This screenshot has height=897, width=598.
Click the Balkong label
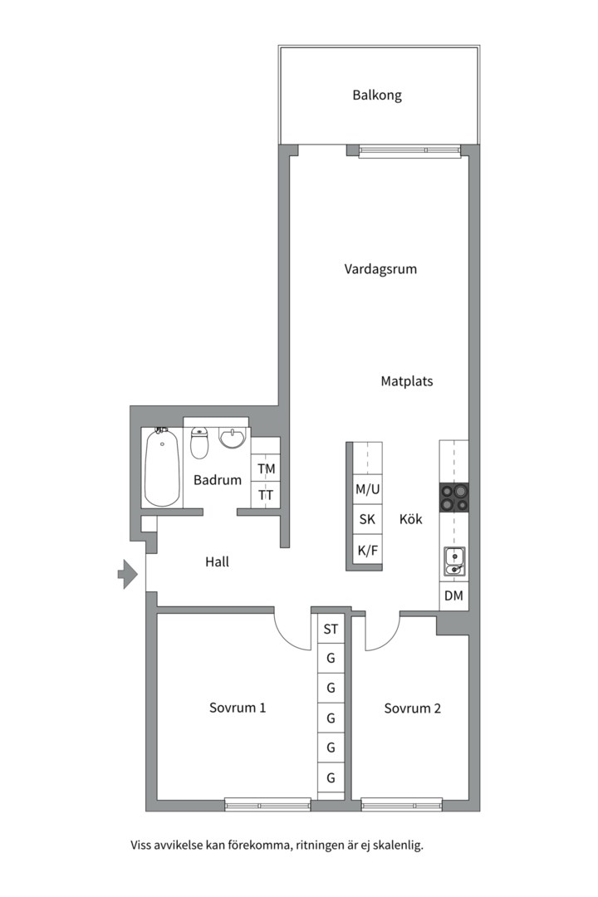pyautogui.click(x=376, y=95)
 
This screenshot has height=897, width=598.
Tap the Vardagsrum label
pyautogui.click(x=380, y=269)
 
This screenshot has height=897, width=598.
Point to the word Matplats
pyautogui.click(x=407, y=381)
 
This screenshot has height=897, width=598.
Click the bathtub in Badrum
pyautogui.click(x=163, y=468)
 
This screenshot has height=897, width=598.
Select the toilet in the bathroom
pyautogui.click(x=199, y=442)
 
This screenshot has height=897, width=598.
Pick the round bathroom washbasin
pyautogui.click(x=231, y=439)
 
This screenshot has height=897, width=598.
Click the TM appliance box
pyautogui.click(x=266, y=468)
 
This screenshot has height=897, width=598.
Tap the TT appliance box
pyautogui.click(x=266, y=495)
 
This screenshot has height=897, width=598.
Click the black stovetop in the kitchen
pyautogui.click(x=453, y=498)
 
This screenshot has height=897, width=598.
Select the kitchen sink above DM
pyautogui.click(x=454, y=561)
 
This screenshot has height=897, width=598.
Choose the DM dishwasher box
pyautogui.click(x=453, y=596)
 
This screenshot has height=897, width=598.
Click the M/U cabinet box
pyautogui.click(x=367, y=489)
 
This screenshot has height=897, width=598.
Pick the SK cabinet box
pyautogui.click(x=367, y=519)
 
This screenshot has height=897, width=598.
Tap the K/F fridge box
pyautogui.click(x=367, y=551)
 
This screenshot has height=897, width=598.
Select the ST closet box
pyautogui.click(x=331, y=630)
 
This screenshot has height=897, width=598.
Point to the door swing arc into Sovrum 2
pyautogui.click(x=390, y=640)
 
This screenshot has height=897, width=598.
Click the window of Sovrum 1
pyautogui.click(x=267, y=805)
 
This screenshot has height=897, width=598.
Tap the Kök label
pyautogui.click(x=410, y=519)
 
